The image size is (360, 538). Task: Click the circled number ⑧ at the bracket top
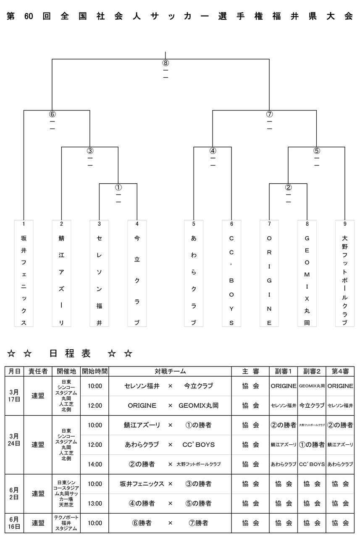[166, 63]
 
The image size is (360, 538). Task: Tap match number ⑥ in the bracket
[52, 114]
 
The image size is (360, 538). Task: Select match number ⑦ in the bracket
[269, 114]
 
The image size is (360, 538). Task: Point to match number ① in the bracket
[118, 187]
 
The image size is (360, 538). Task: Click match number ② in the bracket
[288, 187]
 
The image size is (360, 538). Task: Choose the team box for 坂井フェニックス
[24, 273]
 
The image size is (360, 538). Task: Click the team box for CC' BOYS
[231, 273]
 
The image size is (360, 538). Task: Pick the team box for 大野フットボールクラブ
[345, 273]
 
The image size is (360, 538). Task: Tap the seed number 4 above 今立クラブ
[137, 224]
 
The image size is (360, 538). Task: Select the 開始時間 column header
[95, 372]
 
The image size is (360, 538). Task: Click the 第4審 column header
[340, 372]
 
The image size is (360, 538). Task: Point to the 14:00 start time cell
[95, 464]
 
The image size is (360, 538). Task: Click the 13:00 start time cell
[95, 504]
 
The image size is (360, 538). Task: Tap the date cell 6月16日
[14, 523]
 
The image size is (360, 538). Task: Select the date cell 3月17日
[14, 396]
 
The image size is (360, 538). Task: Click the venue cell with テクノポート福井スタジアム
[66, 523]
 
